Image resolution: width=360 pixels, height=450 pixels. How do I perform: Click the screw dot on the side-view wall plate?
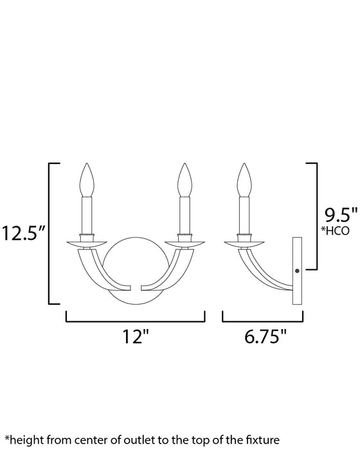click(297, 271)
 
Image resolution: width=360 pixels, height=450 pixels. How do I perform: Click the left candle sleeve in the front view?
click(87, 215)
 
